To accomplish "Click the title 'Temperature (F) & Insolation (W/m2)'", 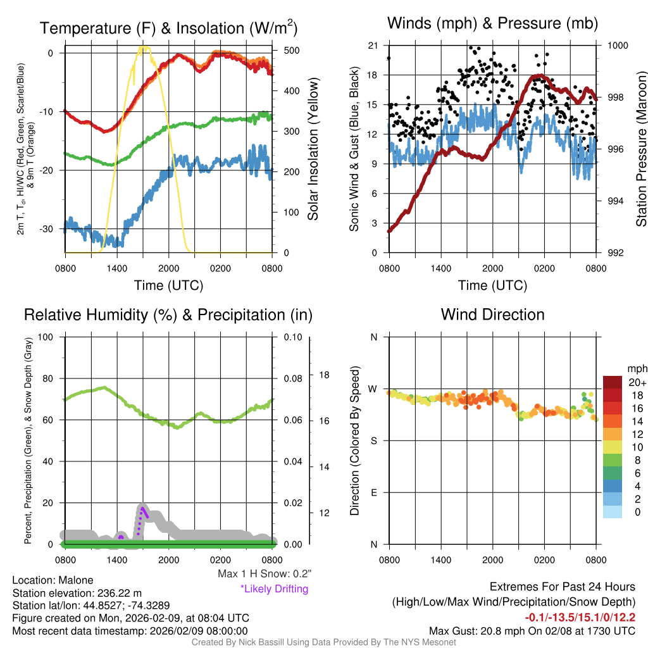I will pos(168,28).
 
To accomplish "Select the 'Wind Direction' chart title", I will pos(492,315).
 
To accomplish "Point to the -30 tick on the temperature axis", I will pos(51,229).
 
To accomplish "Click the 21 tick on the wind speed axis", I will pos(373,46).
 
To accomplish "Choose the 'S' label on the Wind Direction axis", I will pos(373,440).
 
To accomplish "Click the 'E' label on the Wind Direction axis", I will pos(373,492).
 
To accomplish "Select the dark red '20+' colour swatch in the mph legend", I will pos(613,382).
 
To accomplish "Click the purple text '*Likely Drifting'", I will pos(274,589).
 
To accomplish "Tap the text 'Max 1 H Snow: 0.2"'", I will pos(264,574).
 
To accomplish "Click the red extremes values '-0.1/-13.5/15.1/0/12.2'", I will pos(580,617).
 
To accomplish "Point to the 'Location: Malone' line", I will pos(53,580).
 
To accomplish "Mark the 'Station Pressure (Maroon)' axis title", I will pos(640,149).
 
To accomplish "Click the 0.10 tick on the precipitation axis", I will pos(292,337).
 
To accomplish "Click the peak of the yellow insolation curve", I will pos(144,47).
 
